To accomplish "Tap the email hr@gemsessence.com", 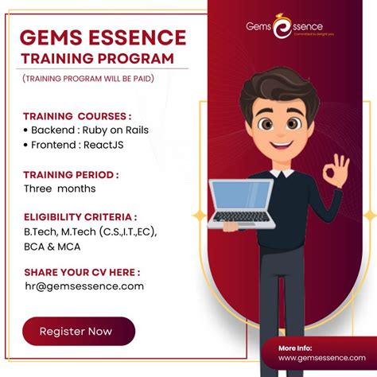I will click(x=84, y=286).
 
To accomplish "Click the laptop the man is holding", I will click(x=241, y=201).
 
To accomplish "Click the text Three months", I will click(x=60, y=188).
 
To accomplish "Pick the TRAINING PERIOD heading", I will click(x=71, y=174).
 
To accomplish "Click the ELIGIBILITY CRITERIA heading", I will click(x=80, y=217).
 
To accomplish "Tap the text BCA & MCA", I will click(x=52, y=246).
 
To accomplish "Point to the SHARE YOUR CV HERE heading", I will click(x=81, y=272).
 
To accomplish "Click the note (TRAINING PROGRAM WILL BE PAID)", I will click(x=88, y=78).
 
